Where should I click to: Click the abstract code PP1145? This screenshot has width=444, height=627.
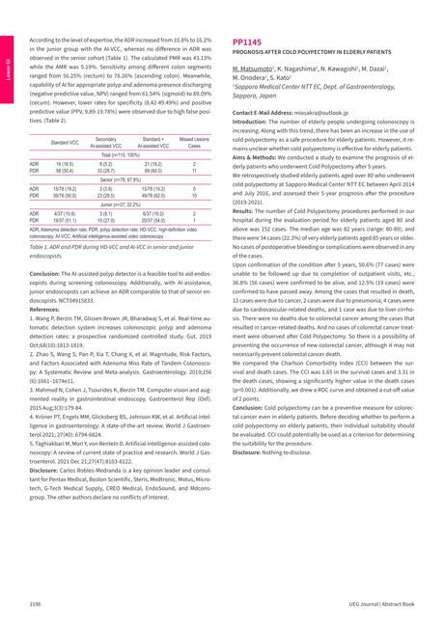(248, 42)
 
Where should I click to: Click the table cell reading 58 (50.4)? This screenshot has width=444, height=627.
(65, 170)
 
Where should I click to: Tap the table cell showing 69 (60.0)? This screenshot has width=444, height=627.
(153, 170)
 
